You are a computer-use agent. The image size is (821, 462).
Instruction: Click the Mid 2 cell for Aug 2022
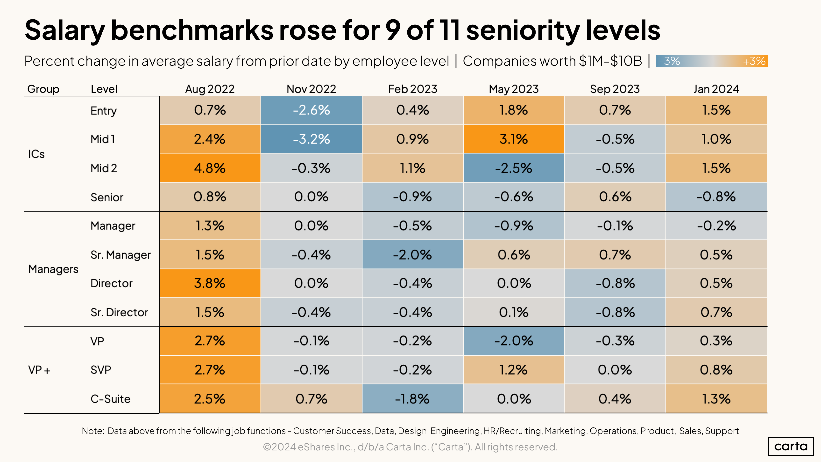click(210, 168)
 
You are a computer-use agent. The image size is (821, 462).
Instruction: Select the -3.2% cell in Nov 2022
click(311, 139)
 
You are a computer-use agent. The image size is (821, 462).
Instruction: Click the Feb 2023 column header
click(412, 89)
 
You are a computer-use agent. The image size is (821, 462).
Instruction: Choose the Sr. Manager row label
click(120, 255)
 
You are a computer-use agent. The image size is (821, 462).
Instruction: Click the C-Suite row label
click(110, 399)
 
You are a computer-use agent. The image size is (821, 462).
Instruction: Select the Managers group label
click(53, 269)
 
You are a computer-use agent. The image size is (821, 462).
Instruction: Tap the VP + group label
click(39, 370)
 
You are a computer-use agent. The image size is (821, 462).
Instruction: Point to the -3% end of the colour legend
click(669, 61)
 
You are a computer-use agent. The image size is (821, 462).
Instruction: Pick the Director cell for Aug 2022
click(210, 283)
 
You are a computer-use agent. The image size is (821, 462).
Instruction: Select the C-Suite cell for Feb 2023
click(412, 399)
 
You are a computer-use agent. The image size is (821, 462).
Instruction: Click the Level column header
click(104, 89)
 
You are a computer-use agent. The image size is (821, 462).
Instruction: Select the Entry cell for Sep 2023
click(615, 110)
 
